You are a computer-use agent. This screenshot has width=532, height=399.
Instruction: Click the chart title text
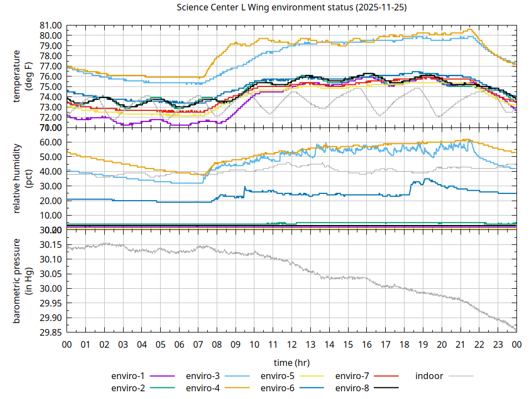click(x=291, y=7)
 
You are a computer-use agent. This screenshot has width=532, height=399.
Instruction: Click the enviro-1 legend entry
click(x=129, y=376)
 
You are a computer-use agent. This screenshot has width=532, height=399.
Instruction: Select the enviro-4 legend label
click(x=202, y=387)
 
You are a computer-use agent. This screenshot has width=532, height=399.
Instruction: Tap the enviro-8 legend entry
click(x=352, y=387)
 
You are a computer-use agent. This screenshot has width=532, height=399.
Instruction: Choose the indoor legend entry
click(x=429, y=376)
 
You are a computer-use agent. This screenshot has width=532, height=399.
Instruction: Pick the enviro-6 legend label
click(x=277, y=387)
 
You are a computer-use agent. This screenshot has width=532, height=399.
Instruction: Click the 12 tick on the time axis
click(x=291, y=345)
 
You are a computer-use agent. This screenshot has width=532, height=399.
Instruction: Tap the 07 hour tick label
click(x=198, y=345)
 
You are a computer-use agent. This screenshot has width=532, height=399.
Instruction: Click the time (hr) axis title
click(x=291, y=362)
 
